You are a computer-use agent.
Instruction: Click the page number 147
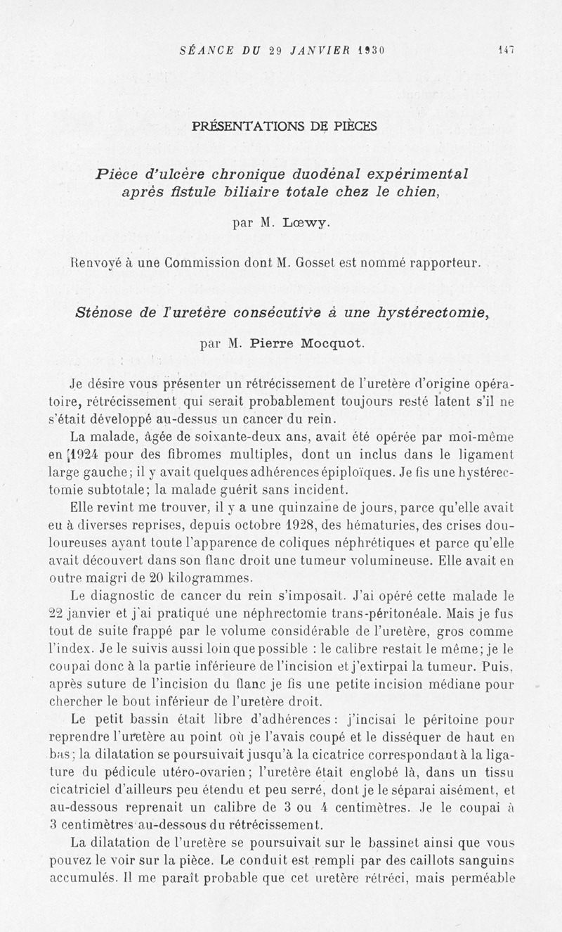click(x=506, y=50)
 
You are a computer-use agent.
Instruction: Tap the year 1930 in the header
click(x=374, y=50)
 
